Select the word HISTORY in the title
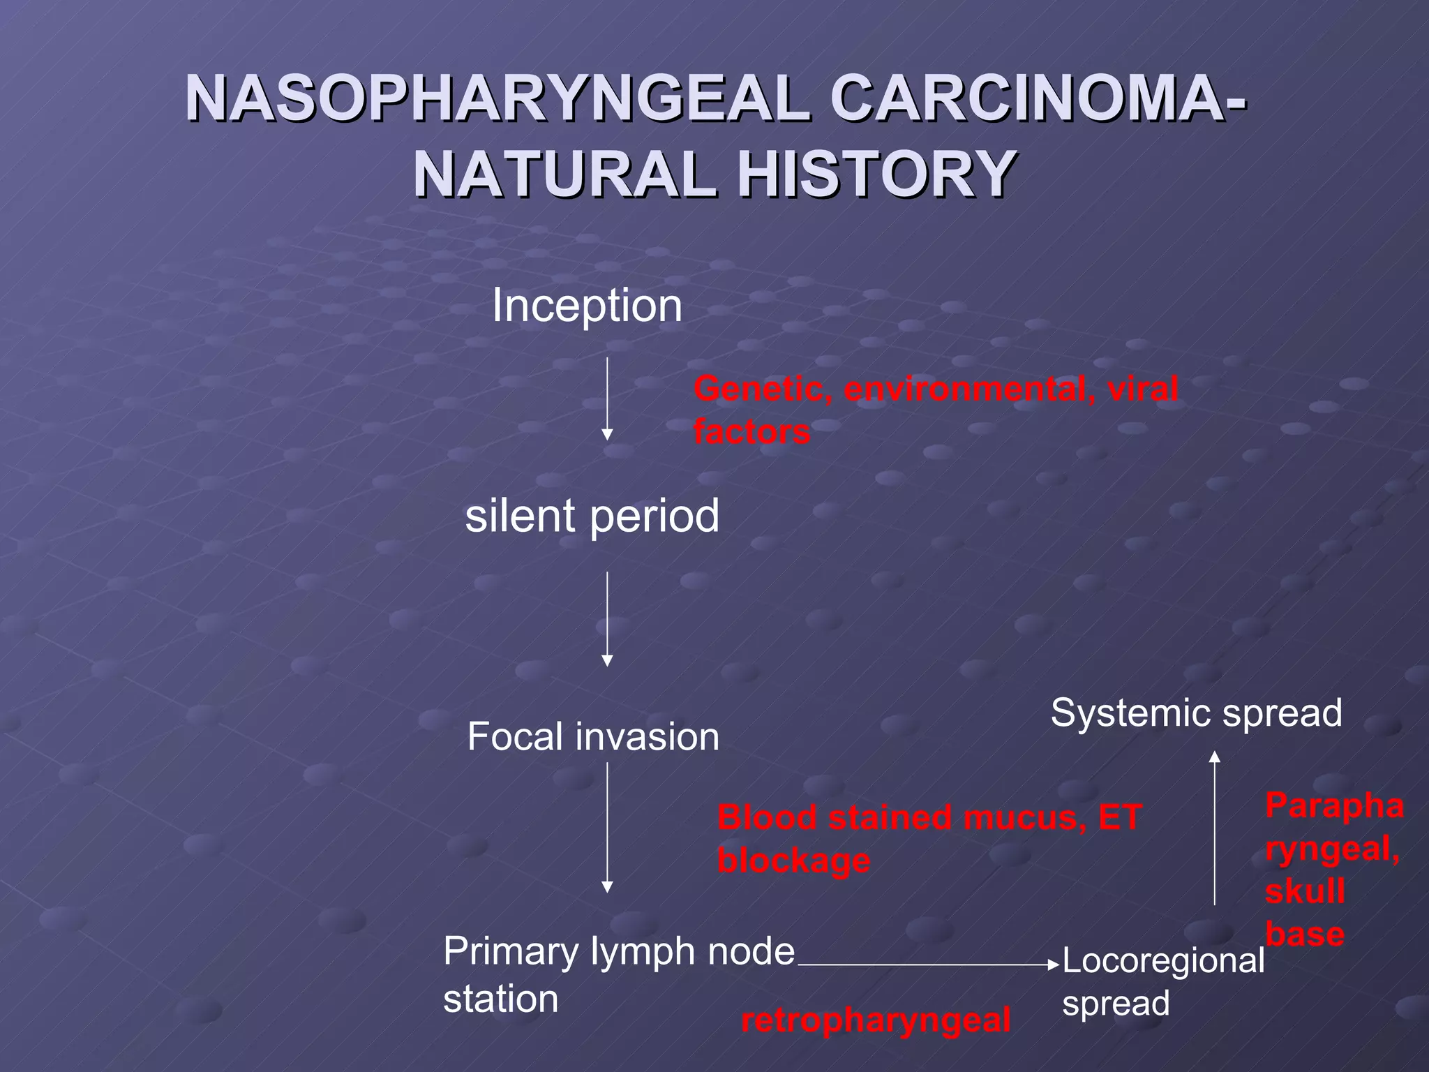click(x=876, y=174)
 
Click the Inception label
click(x=587, y=306)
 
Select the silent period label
click(x=592, y=516)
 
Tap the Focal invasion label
click(x=593, y=737)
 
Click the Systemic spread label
click(x=1196, y=713)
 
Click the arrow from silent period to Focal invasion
click(x=607, y=618)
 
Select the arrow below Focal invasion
click(x=607, y=828)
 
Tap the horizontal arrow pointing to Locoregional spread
click(x=928, y=965)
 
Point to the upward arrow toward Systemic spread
click(x=1214, y=828)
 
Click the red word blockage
click(x=793, y=861)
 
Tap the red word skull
click(x=1305, y=891)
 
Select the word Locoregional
click(x=1162, y=961)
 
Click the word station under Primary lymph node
click(x=500, y=999)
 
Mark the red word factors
click(x=751, y=431)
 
